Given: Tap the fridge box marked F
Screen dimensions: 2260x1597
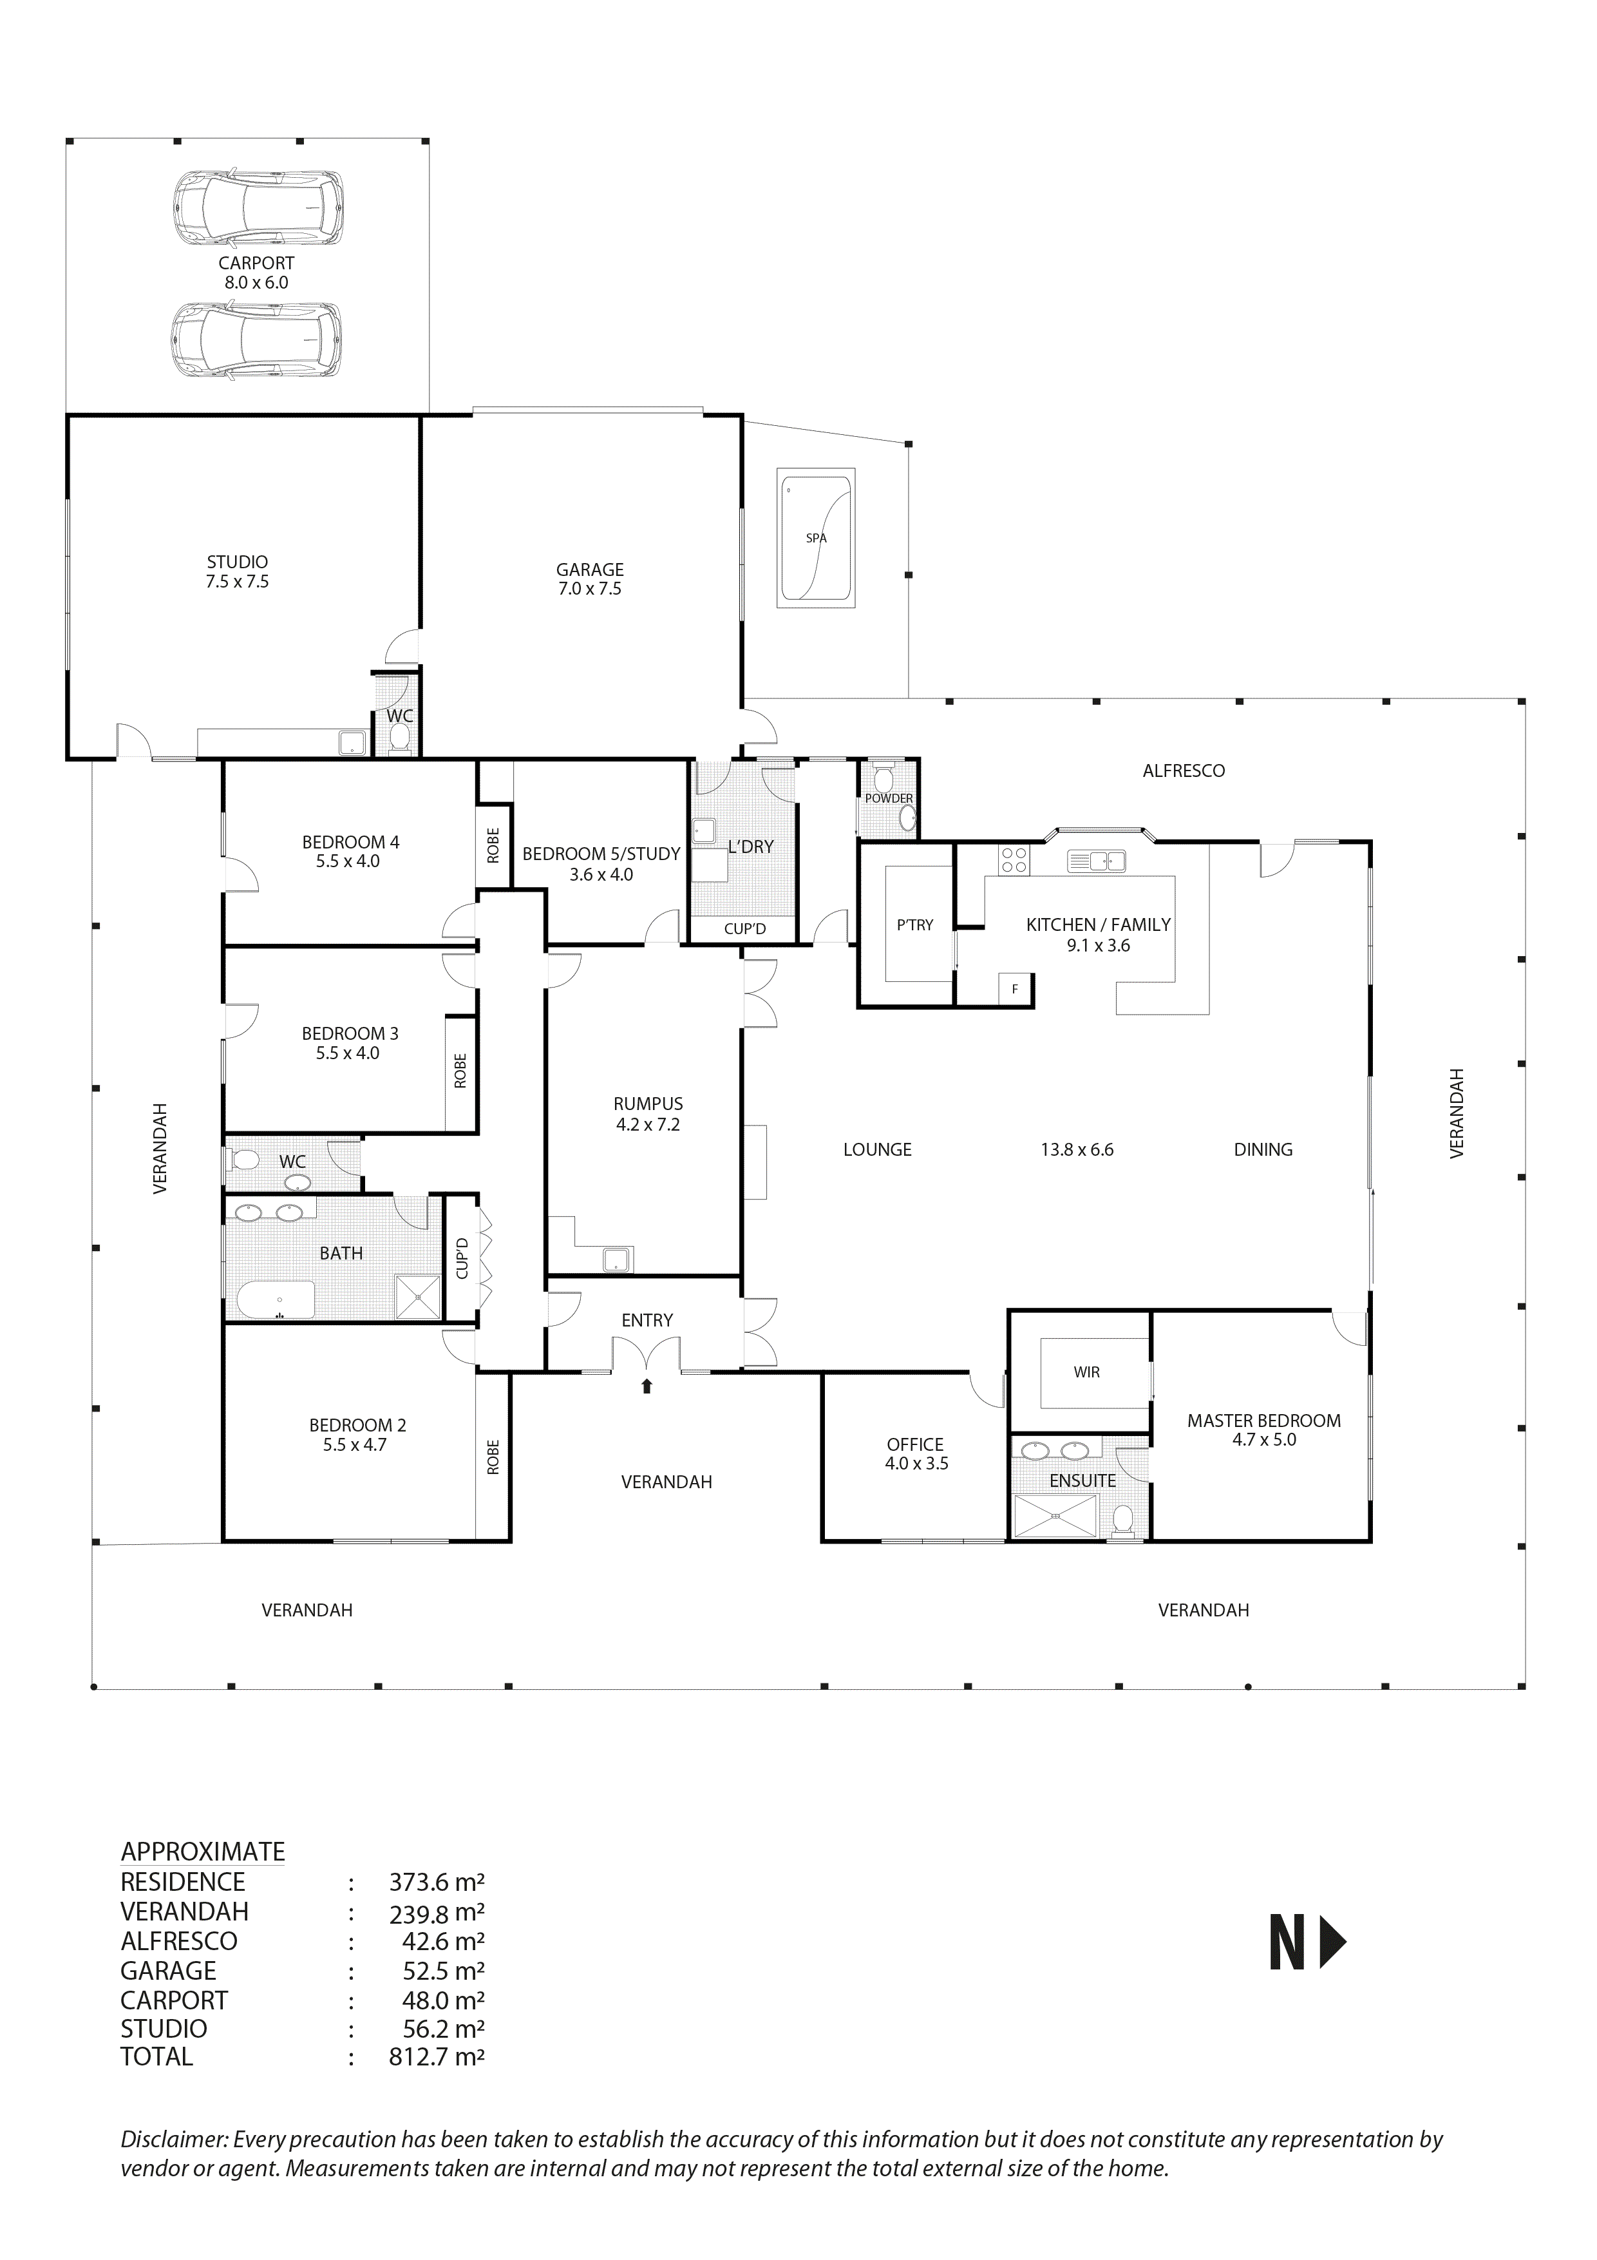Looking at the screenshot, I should (x=1014, y=990).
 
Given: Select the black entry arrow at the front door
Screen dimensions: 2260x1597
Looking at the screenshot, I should (x=647, y=1387).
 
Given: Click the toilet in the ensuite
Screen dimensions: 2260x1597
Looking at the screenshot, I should (x=1122, y=1522).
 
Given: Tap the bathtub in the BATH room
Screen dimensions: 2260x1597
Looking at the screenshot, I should (x=276, y=1299).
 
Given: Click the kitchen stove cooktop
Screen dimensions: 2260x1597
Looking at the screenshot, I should (x=1014, y=860).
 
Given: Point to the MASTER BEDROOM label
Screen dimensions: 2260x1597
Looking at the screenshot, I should (x=1263, y=1421).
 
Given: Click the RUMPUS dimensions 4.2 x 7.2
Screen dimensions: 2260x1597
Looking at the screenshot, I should (x=647, y=1124).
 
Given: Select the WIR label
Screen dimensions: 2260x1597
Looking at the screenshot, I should (x=1086, y=1372).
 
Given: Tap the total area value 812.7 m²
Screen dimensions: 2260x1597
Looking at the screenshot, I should (x=436, y=2057).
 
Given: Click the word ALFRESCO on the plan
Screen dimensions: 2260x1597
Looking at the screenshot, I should (x=1183, y=771).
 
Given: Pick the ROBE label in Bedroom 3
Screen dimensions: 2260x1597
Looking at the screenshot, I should (x=460, y=1071).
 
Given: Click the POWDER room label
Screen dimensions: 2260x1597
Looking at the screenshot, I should (x=889, y=798).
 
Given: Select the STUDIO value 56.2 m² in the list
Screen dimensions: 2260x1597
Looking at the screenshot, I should (x=436, y=2029).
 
